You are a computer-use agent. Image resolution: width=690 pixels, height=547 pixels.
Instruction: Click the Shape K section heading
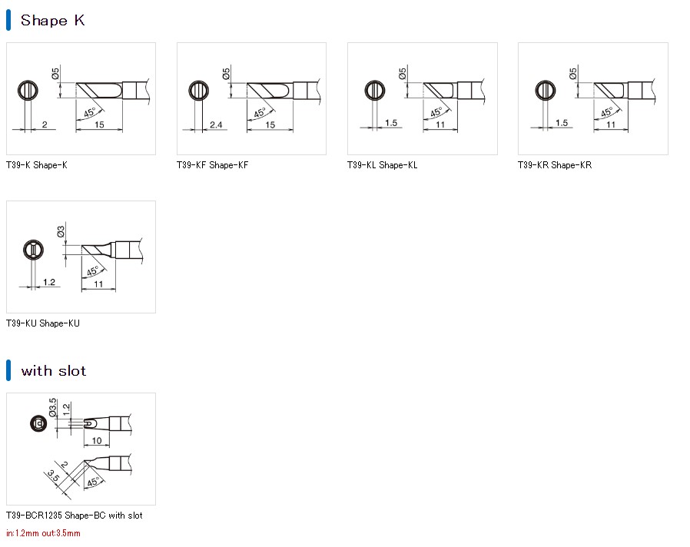52,21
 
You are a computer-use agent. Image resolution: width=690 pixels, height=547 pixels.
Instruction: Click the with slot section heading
53,371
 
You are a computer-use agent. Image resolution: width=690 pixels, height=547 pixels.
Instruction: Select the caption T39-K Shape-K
37,165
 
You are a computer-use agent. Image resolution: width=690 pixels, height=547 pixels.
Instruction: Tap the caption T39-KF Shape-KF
213,165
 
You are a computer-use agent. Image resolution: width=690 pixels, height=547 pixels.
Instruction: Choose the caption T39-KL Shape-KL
383,165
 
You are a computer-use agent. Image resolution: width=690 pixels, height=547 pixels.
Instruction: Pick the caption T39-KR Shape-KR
555,165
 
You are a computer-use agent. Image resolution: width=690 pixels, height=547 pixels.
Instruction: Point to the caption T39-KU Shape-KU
43,323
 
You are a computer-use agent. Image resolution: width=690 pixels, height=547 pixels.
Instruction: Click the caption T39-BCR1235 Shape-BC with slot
75,516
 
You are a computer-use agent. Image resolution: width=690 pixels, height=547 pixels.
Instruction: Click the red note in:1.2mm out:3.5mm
43,533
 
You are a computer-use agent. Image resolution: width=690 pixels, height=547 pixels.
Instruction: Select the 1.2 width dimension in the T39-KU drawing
48,283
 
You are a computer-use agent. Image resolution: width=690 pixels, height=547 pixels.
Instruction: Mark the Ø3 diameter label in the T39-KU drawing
61,231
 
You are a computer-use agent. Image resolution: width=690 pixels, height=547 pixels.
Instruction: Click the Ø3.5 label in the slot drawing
53,406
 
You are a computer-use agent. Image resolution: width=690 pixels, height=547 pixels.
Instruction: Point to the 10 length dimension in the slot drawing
97,441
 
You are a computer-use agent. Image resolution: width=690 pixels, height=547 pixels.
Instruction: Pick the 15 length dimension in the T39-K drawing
101,124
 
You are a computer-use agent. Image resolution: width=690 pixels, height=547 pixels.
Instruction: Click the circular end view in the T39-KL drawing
375,91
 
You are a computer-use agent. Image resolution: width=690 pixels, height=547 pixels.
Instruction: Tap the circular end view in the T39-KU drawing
32,250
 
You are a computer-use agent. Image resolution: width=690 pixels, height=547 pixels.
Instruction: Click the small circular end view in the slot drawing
35,423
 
